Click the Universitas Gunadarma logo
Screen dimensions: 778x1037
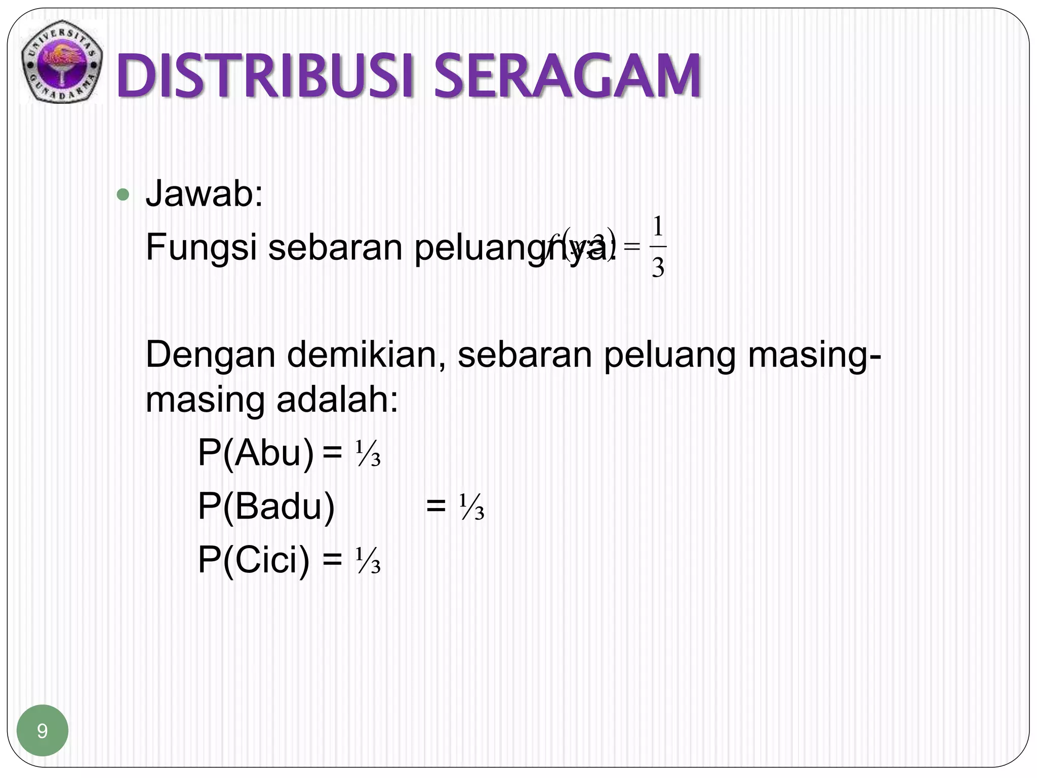62,62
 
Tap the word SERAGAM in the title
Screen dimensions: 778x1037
567,77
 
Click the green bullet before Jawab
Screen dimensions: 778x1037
123,194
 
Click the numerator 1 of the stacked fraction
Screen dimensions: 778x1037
657,227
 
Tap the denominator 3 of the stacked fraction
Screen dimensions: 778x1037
657,267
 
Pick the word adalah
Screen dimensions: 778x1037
337,400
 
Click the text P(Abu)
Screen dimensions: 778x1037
256,453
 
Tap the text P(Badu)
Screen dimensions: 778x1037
266,507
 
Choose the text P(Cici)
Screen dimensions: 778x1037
253,560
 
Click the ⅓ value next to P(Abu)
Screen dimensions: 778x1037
368,454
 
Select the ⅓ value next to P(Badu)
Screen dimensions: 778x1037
472,508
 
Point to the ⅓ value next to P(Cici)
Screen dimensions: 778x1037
368,561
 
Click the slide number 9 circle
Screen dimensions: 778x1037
43,730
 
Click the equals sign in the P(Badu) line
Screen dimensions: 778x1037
436,507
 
